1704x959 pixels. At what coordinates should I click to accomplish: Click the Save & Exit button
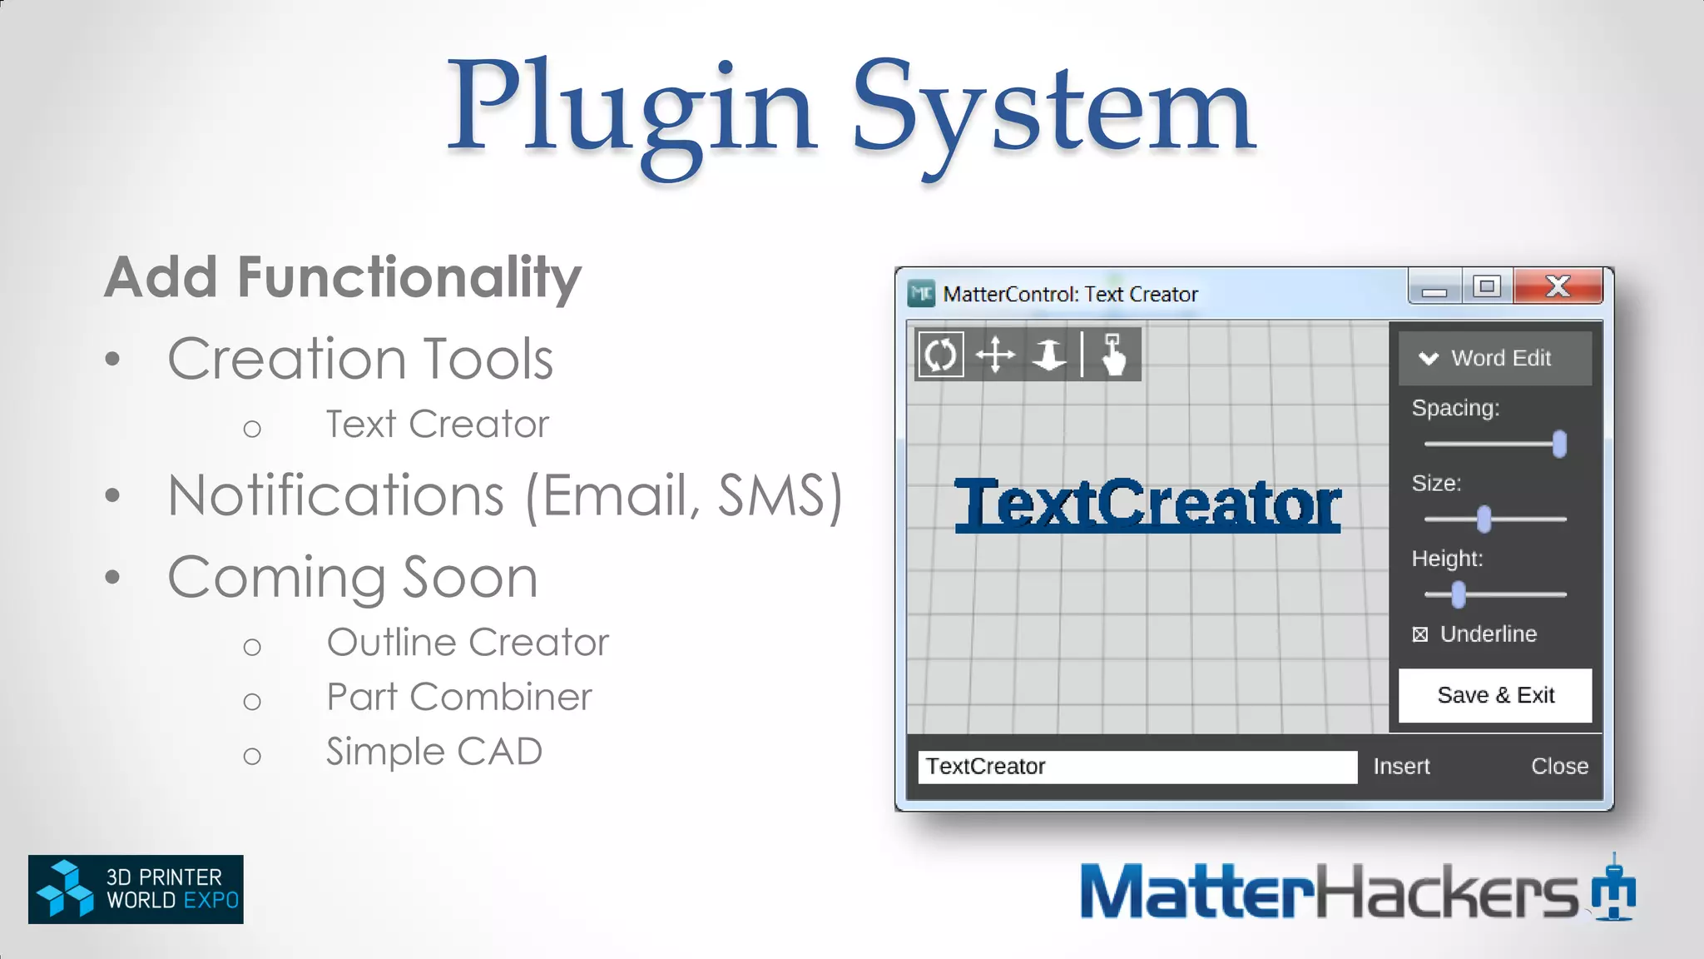tap(1494, 695)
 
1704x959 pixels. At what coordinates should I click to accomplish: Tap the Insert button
tap(1401, 766)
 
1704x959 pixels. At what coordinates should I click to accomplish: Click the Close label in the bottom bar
tap(1559, 766)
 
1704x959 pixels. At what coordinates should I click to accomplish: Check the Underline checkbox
tap(1420, 634)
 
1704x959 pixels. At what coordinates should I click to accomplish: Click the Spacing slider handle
tap(1559, 444)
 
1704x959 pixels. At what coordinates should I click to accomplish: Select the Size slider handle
tap(1484, 519)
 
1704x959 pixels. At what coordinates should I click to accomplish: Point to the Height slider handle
tap(1458, 594)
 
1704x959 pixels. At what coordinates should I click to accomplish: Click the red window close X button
tap(1558, 286)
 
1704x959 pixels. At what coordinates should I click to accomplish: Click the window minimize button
tap(1434, 288)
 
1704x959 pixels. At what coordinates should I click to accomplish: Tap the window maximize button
tap(1487, 286)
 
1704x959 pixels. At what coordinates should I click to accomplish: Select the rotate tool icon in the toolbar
tap(940, 355)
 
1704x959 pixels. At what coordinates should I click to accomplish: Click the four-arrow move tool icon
tap(995, 355)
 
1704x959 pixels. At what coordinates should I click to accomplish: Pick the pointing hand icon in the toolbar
tap(1113, 355)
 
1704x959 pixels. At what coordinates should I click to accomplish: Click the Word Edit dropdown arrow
tap(1429, 359)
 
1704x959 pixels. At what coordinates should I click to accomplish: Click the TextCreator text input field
tap(1137, 767)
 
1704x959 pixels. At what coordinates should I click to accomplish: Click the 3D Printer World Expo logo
tap(136, 889)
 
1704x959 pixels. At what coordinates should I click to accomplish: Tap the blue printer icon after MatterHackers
tap(1613, 889)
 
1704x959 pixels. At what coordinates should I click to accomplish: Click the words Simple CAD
tap(433, 752)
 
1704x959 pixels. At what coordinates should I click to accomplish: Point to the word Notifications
tap(335, 496)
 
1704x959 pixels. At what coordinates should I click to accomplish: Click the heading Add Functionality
tap(342, 277)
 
